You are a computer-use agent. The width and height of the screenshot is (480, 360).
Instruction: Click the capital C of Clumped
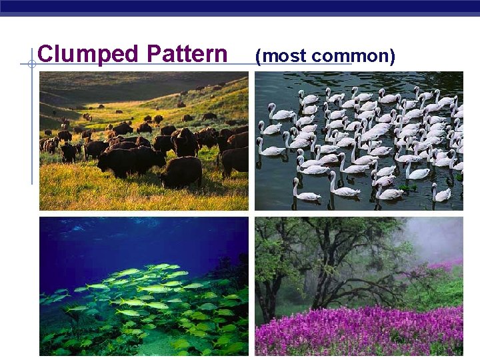click(45, 54)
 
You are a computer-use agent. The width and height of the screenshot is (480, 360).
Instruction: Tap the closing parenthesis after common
click(393, 56)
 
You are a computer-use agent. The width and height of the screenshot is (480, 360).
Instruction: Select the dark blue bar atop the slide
click(240, 7)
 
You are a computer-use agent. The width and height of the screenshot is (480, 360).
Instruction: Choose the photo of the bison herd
click(143, 141)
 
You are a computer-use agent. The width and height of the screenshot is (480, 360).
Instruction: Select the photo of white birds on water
click(359, 141)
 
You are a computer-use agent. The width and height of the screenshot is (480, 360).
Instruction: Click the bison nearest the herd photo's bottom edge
click(181, 172)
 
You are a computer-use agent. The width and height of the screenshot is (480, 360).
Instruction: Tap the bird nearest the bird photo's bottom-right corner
click(441, 193)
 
